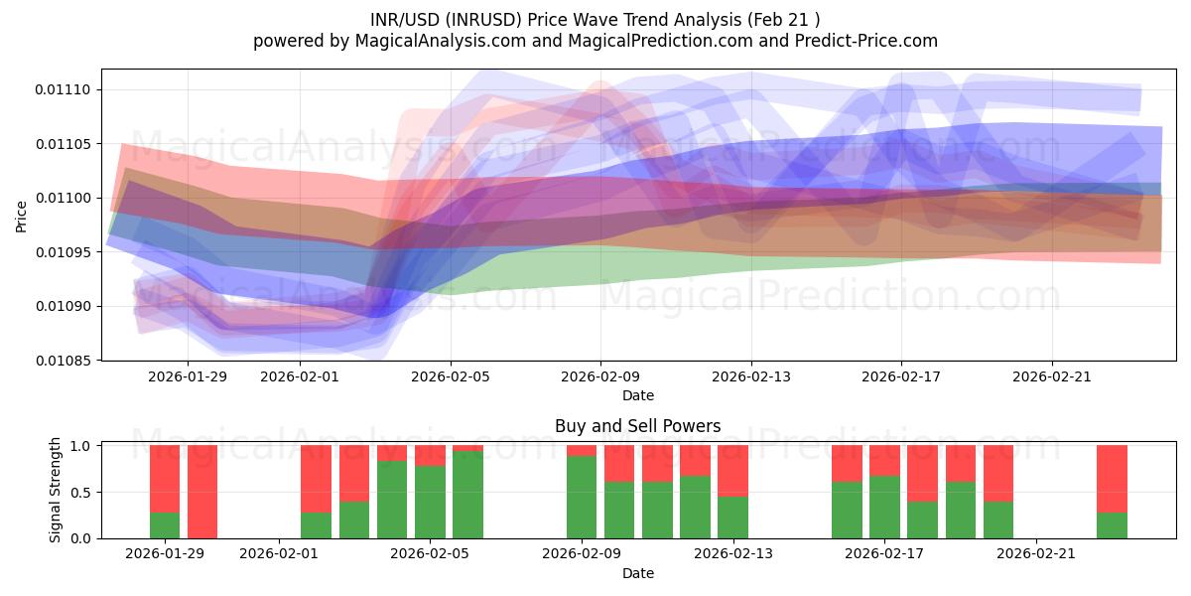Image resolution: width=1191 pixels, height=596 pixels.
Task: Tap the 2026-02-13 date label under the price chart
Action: (x=751, y=376)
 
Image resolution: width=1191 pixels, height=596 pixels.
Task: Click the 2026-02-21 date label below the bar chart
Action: (x=1036, y=554)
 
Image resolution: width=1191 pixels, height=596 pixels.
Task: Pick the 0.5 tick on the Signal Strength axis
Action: (x=81, y=493)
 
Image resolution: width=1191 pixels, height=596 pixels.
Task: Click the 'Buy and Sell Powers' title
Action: (x=637, y=426)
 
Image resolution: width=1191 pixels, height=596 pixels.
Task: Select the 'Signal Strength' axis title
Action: (x=56, y=490)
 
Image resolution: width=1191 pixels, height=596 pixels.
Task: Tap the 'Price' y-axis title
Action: (x=22, y=216)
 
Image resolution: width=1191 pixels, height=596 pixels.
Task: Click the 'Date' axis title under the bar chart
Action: (x=637, y=573)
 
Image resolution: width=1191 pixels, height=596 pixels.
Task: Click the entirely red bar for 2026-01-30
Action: (x=202, y=492)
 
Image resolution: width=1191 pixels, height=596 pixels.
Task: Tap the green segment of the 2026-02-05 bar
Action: (x=430, y=502)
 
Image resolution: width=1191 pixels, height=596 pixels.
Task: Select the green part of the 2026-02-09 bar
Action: (x=582, y=497)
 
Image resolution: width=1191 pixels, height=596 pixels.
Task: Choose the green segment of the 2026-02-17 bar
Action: (x=884, y=507)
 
